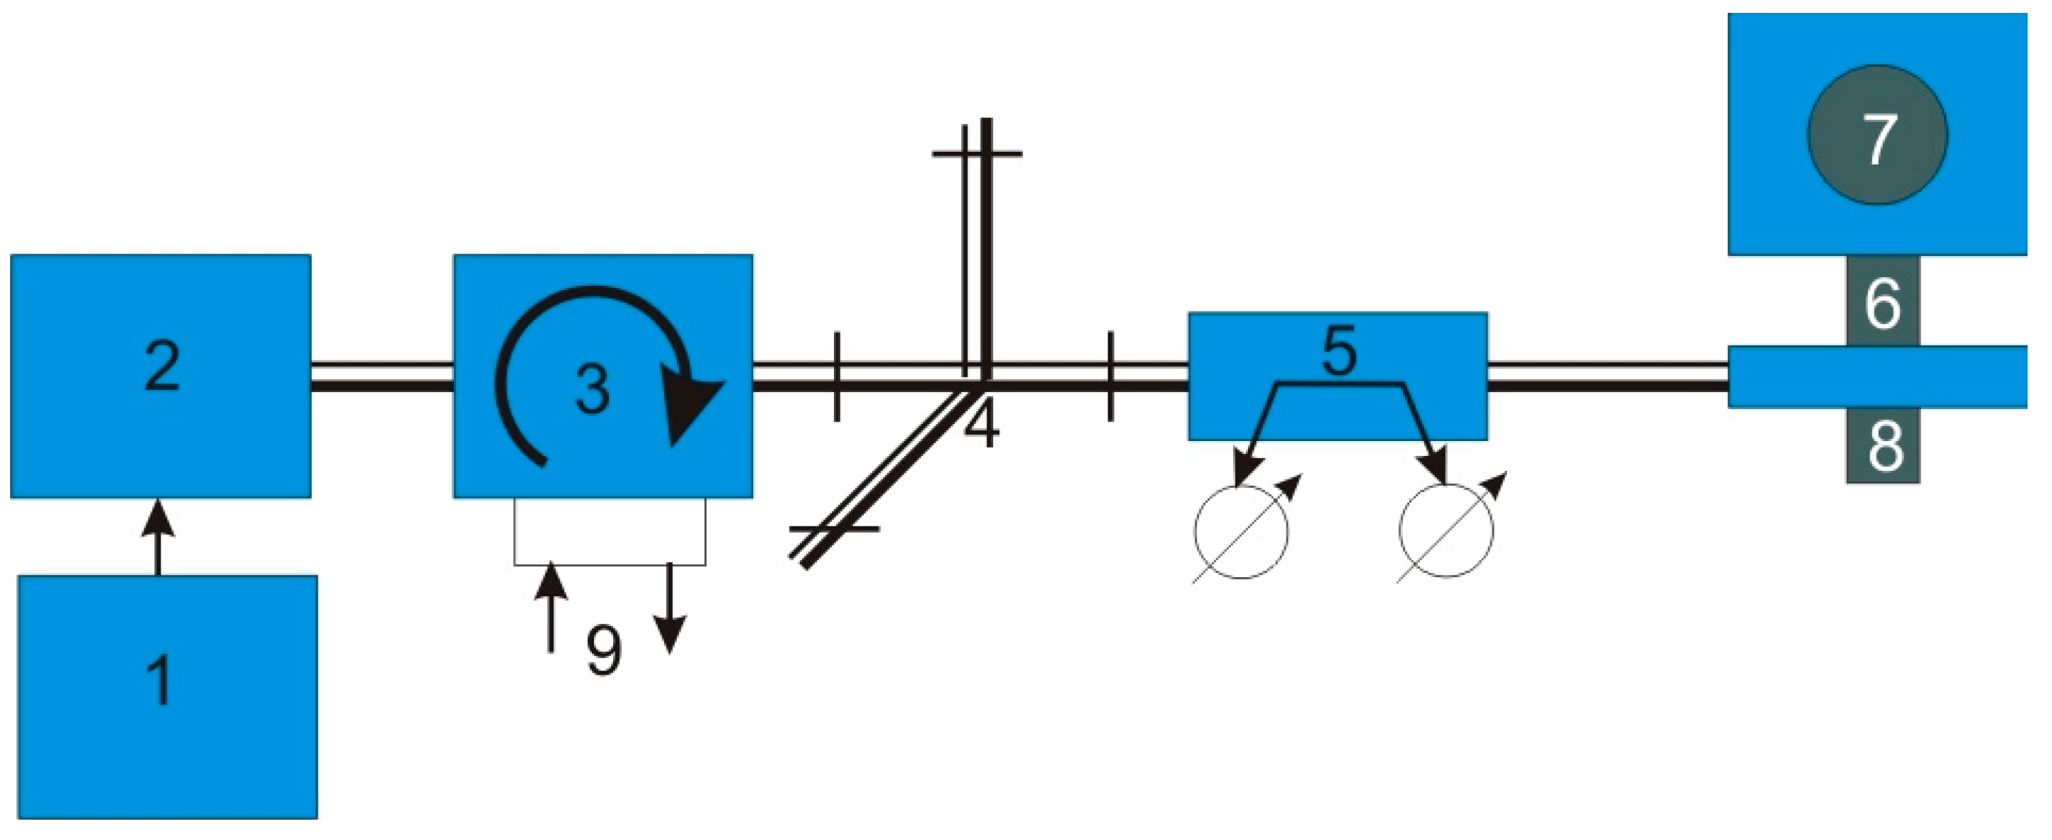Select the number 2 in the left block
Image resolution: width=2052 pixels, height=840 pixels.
click(162, 368)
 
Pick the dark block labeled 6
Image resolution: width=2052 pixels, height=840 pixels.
click(1883, 303)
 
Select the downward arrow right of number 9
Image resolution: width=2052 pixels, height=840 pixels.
click(670, 609)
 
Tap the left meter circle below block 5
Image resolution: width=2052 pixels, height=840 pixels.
click(1240, 531)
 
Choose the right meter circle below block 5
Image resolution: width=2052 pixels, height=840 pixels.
click(1446, 531)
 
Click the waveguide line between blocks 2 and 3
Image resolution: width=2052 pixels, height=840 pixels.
click(381, 377)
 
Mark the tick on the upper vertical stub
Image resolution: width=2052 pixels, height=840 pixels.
click(977, 153)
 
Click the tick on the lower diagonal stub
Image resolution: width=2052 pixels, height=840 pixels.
click(834, 528)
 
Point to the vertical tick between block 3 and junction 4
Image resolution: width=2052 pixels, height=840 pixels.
click(837, 377)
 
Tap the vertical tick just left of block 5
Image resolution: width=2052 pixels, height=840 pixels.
click(1111, 377)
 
